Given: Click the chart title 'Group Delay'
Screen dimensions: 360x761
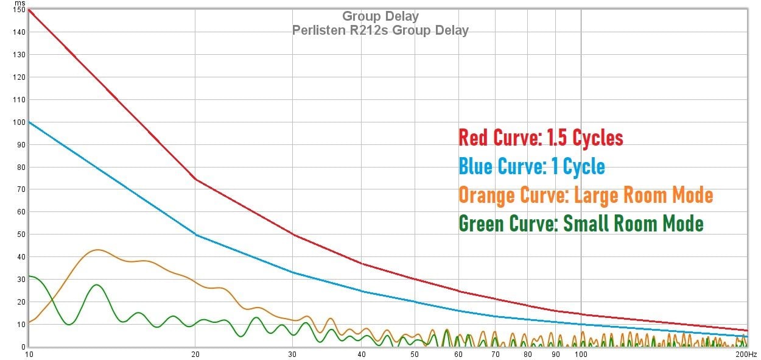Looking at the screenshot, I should coord(380,16).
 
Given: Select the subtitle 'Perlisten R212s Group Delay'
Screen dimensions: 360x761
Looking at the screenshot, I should coord(380,30).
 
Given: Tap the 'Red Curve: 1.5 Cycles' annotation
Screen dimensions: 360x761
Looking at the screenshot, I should coord(541,138).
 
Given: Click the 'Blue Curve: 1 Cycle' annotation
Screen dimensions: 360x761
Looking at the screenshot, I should coord(531,166).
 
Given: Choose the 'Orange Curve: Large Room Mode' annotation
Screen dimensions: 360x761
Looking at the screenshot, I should coord(585,195).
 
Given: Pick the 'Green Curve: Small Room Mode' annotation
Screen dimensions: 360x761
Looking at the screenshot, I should coord(581,224).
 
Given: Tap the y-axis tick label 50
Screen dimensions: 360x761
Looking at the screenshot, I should coord(19,235).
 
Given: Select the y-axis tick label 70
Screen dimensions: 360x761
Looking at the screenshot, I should coord(19,189).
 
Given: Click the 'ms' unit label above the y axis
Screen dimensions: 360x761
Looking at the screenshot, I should coord(21,4).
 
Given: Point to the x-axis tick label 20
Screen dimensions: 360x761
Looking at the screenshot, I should coord(195,354).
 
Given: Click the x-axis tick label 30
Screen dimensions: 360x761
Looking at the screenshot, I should coord(292,354).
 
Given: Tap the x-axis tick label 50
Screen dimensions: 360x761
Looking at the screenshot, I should coord(415,354).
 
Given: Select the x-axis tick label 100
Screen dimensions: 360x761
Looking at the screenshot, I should coord(581,354).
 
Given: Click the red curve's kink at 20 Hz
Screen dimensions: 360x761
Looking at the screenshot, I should coord(195,179).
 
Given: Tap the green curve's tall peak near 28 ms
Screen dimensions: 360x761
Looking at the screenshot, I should coord(96,284).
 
